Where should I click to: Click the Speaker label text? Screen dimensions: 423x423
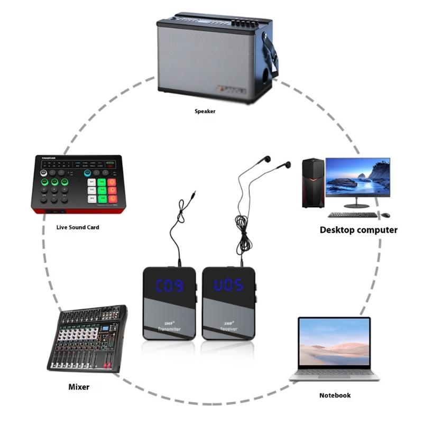(x=205, y=112)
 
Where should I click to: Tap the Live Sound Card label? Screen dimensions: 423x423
(x=78, y=227)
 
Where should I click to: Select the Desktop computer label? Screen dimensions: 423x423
(x=358, y=230)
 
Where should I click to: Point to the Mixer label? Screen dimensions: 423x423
(x=79, y=387)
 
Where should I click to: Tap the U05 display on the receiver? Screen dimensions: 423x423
(x=228, y=286)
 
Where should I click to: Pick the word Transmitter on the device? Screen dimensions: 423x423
(x=169, y=329)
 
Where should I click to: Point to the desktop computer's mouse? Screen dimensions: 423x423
(x=386, y=215)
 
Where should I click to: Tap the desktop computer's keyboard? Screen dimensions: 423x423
(x=353, y=215)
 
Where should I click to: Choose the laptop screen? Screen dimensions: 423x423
(x=334, y=343)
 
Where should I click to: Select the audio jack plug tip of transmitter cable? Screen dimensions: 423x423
(x=195, y=194)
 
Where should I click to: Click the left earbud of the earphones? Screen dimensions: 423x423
(x=268, y=159)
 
